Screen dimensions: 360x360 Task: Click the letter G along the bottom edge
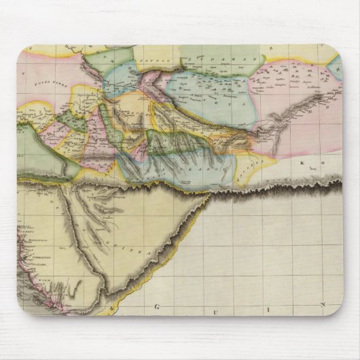[158, 306]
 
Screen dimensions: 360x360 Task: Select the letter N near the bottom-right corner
[324, 305]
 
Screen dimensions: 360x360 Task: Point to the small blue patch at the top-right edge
[336, 65]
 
